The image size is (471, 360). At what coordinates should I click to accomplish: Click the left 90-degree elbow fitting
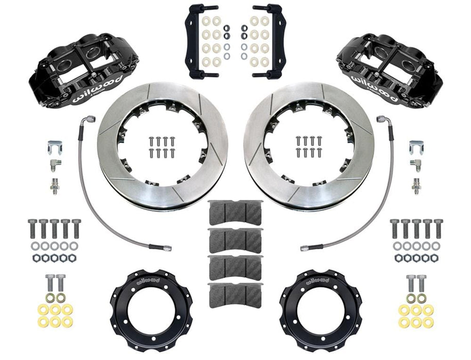(54, 165)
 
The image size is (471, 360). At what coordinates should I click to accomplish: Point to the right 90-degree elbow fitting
(415, 165)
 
